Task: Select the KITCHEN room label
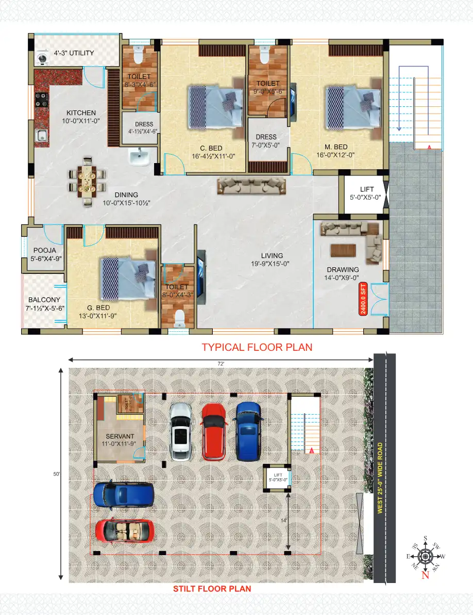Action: [81, 113]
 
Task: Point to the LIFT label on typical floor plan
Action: [367, 190]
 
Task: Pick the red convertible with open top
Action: [124, 530]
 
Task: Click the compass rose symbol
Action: [425, 556]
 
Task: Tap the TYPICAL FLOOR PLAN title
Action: [257, 347]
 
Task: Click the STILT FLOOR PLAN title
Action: [212, 589]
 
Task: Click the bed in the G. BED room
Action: [127, 278]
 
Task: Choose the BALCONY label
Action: [44, 300]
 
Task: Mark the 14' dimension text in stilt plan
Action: [283, 521]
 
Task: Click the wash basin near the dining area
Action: [138, 157]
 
